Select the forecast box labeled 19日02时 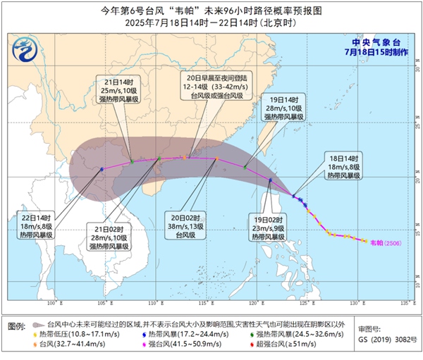tap(271, 228)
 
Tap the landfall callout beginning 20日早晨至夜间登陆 tap(209, 85)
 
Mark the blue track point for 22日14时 tap(102, 169)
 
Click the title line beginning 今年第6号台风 tap(211, 9)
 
